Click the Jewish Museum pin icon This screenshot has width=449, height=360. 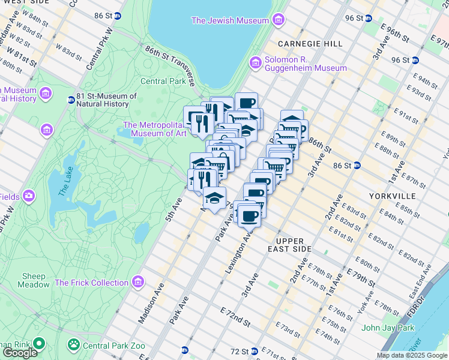[277, 21]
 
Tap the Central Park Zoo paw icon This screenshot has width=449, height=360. [73, 345]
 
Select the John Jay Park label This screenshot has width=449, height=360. [388, 328]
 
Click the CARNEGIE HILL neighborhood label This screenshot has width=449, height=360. [310, 44]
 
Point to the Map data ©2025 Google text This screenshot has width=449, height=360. [412, 355]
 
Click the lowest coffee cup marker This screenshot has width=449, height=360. [249, 217]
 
